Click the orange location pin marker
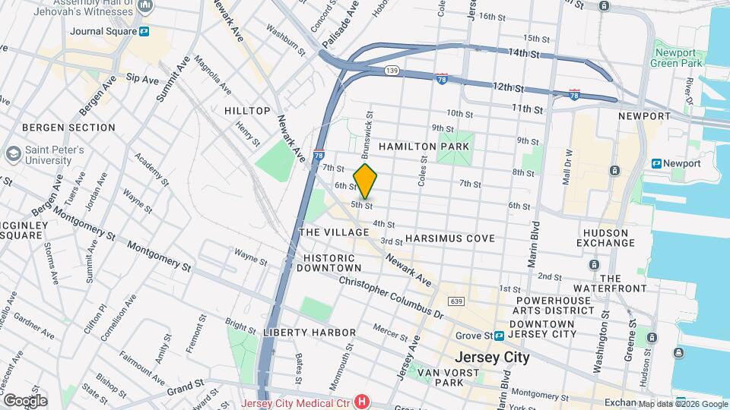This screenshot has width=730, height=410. pyautogui.click(x=365, y=181)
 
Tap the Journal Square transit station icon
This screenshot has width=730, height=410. pyautogui.click(x=144, y=31)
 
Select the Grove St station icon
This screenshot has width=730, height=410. pyautogui.click(x=500, y=335)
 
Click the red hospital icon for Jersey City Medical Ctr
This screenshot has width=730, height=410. pyautogui.click(x=363, y=402)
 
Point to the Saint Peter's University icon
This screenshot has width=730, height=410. pyautogui.click(x=12, y=154)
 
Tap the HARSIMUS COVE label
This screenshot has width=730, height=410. pyautogui.click(x=449, y=238)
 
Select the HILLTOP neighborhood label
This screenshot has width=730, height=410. pyautogui.click(x=247, y=111)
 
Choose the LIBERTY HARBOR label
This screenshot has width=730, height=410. pyautogui.click(x=309, y=333)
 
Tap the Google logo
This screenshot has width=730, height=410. pyautogui.click(x=24, y=400)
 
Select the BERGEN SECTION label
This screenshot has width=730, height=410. pyautogui.click(x=68, y=128)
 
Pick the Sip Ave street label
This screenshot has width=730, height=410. pyautogui.click(x=141, y=78)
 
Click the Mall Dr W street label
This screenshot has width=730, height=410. pyautogui.click(x=567, y=170)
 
